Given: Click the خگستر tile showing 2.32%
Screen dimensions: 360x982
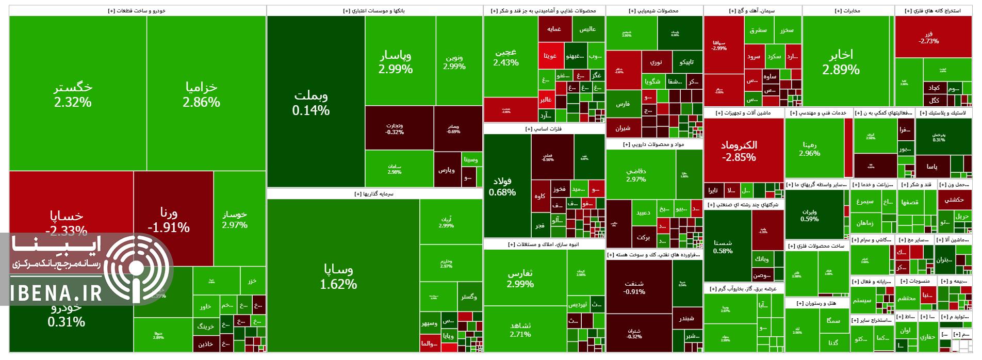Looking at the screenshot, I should [x=73, y=94].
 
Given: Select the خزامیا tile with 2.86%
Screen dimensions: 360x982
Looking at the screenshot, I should [x=201, y=94].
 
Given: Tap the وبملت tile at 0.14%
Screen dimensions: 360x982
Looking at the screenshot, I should [x=310, y=103].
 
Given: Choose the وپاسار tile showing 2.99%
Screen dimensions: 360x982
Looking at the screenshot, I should [x=396, y=62].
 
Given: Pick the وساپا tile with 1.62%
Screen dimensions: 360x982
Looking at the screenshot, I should [x=338, y=276].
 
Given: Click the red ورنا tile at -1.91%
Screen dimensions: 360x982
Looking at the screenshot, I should [x=169, y=220].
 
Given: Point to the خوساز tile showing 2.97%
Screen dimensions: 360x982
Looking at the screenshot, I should [x=235, y=219].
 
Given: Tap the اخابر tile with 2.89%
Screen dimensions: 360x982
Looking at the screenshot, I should [x=841, y=62].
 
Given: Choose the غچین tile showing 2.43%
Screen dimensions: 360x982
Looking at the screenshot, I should [x=506, y=57].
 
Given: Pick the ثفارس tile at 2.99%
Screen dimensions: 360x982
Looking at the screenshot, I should [x=520, y=279].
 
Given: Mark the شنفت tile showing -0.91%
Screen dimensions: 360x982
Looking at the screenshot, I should [x=634, y=287].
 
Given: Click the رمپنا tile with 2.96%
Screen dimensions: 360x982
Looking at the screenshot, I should [x=809, y=149].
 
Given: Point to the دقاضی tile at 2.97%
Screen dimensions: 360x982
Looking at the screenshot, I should [x=635, y=175].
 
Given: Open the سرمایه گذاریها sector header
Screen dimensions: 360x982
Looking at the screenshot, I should [x=374, y=194].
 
